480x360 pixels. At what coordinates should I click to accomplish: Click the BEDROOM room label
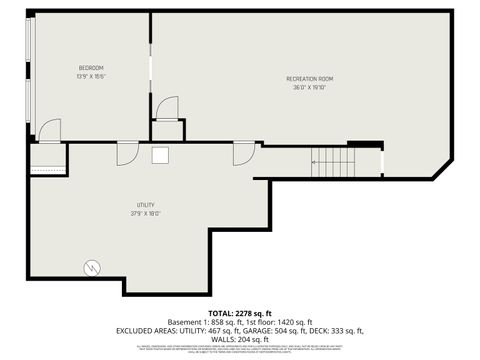[91, 67]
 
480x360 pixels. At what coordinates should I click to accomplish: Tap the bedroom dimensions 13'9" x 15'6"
[91, 76]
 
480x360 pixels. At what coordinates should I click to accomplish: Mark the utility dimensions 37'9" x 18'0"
[146, 213]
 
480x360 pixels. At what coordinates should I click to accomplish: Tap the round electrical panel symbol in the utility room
[92, 268]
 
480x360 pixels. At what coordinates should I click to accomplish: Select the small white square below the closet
[160, 155]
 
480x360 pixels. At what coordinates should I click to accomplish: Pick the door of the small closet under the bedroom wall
[167, 108]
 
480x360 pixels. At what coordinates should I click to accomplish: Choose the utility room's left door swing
[127, 153]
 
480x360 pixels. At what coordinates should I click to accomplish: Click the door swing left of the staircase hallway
[244, 153]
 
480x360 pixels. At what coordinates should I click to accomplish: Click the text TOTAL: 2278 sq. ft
[240, 314]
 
